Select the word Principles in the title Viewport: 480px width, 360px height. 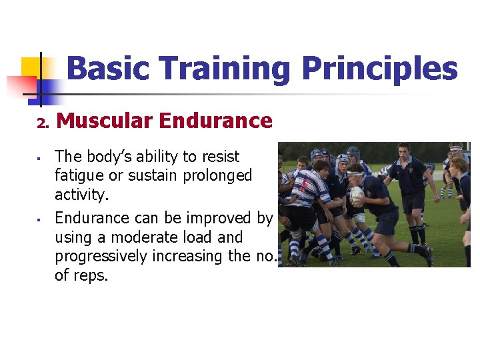click(379, 69)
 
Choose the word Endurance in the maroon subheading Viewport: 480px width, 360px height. click(216, 121)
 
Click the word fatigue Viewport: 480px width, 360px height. click(78, 176)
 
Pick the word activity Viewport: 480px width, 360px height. click(81, 195)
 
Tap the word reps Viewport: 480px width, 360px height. click(91, 275)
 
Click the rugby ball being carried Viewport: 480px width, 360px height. click(357, 194)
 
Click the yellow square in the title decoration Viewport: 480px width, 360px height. click(32, 67)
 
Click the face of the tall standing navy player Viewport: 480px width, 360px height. click(403, 151)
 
